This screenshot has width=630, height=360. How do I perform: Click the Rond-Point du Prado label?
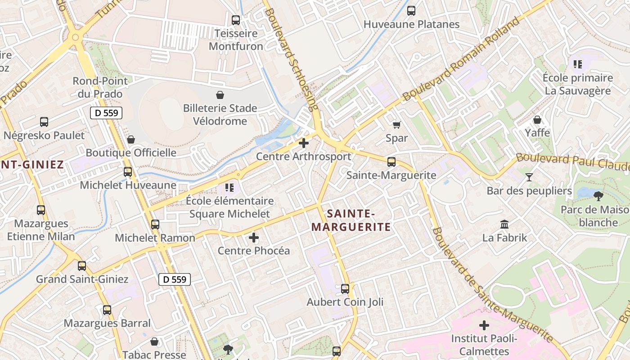100,87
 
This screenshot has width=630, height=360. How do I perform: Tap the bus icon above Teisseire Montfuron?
236,20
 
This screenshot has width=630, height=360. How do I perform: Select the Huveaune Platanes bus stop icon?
411,11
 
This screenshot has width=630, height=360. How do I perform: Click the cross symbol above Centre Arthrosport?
304,144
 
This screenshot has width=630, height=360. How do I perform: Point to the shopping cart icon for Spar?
396,125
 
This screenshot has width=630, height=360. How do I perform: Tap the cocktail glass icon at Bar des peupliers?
529,177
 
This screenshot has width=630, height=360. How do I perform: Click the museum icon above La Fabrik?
504,224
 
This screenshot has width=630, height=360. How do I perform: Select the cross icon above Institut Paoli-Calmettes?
484,325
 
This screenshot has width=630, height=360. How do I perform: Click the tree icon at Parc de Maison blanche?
598,196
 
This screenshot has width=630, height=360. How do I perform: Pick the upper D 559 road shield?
106,113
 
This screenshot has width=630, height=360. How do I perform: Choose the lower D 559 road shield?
175,279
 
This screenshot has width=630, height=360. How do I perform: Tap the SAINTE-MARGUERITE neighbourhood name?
351,220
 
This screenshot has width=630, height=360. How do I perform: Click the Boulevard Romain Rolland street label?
461,59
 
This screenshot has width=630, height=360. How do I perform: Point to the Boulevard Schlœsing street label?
291,56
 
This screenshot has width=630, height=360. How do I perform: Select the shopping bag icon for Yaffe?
537,120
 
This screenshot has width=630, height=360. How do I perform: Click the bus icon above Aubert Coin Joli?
345,289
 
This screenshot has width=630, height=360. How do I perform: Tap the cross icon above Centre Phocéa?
254,237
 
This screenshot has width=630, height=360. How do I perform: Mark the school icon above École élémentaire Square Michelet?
229,187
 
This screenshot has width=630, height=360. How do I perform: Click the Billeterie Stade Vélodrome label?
220,114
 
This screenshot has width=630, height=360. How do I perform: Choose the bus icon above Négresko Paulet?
44,122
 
